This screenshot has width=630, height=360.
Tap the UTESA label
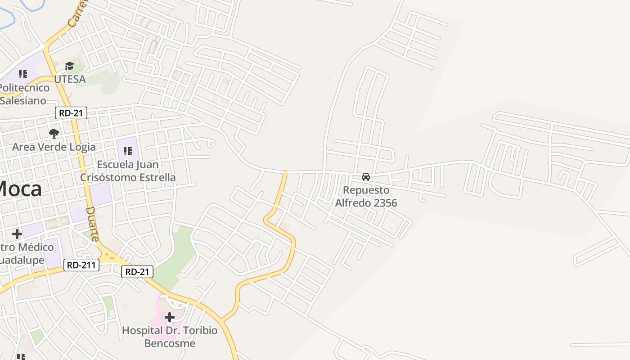[70, 79]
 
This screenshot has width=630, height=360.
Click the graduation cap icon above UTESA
[69, 67]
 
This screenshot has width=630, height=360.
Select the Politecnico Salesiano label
[25, 94]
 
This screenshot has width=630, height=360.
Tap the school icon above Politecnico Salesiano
[23, 74]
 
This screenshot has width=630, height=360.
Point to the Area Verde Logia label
[54, 147]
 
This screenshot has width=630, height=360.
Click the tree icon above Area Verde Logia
[54, 133]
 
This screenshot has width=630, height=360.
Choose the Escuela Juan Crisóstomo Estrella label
[128, 171]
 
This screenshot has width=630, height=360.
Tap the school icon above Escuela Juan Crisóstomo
[128, 152]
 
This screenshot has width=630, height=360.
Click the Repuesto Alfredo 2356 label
[366, 196]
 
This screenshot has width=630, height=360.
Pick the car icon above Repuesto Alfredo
[366, 177]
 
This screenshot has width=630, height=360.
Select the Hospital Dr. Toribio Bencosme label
[170, 337]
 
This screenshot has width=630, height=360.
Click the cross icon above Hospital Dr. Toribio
[170, 318]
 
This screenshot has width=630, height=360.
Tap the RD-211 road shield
[81, 265]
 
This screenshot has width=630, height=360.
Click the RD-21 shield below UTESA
[71, 113]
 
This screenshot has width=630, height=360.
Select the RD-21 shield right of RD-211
[137, 272]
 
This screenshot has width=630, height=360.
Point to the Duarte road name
[92, 224]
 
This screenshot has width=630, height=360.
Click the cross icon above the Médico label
[17, 234]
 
